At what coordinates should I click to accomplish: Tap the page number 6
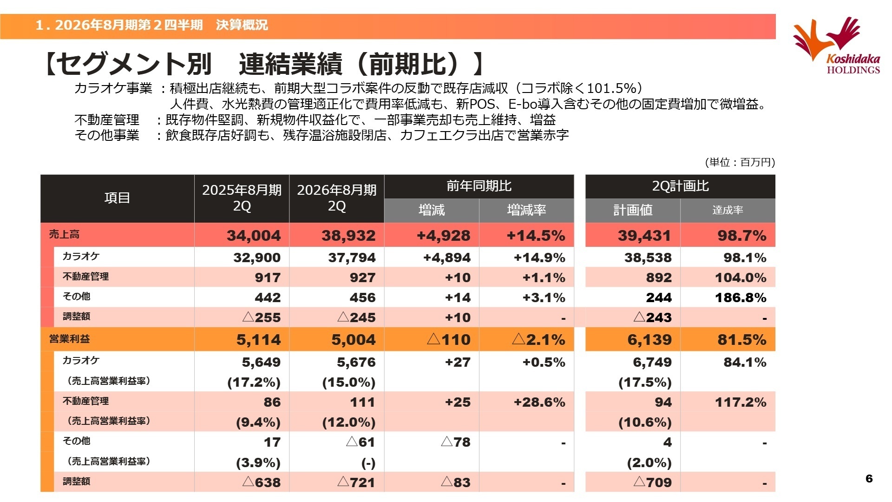coord(869,478)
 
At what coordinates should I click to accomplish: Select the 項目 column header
coord(117,198)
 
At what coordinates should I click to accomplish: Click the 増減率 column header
coord(526,210)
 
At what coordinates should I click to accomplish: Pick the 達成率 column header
coord(728,210)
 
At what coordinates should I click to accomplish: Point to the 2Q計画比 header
coord(680,186)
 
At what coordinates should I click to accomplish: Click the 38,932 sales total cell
coord(348,236)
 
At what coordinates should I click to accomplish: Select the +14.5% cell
coord(536,236)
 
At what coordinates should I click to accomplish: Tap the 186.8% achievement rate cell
coord(741,297)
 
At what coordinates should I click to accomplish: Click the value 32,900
coord(257,258)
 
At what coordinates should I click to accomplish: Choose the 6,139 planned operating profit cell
coord(649,340)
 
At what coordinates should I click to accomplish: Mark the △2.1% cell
coord(538,340)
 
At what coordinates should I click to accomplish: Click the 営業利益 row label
coord(70,339)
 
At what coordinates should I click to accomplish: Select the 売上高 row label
coord(64,235)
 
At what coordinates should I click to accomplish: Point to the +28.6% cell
coord(539,402)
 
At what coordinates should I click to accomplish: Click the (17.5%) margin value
coord(645,382)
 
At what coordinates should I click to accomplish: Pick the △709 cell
coord(652,482)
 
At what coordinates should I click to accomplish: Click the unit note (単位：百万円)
coord(740,162)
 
